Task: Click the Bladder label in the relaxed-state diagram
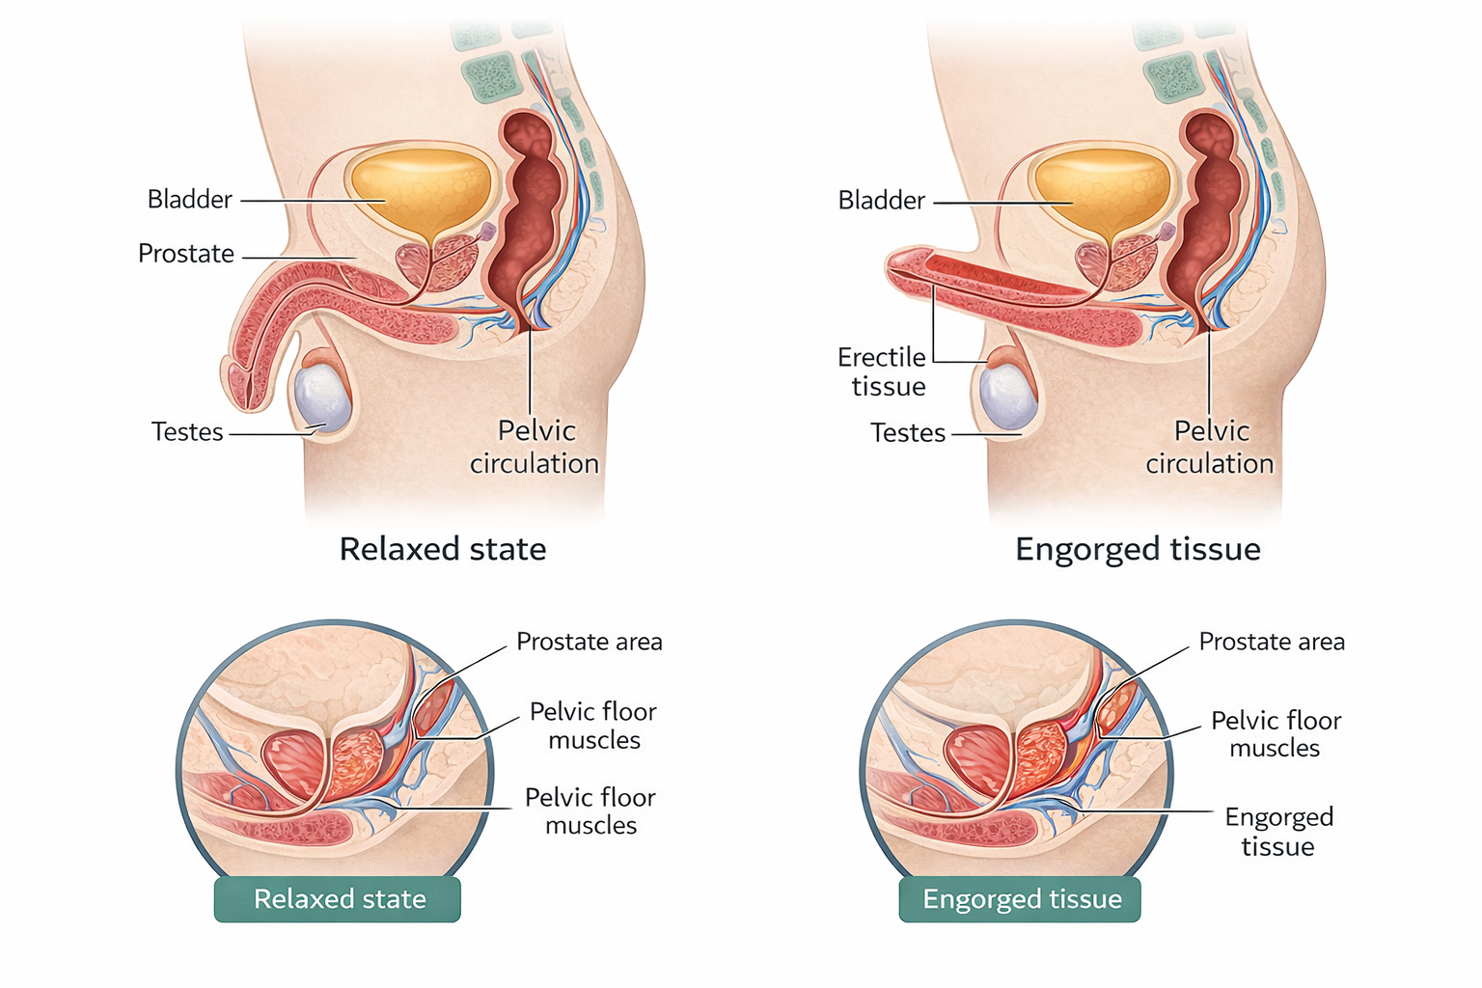[190, 200]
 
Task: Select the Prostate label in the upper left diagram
[186, 254]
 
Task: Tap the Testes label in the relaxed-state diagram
[187, 432]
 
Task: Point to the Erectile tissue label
[882, 372]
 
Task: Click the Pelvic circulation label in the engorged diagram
[1210, 447]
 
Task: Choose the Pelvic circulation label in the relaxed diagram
[535, 447]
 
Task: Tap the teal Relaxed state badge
[339, 899]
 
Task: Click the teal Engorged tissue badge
[1021, 899]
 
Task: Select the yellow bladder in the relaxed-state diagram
[422, 189]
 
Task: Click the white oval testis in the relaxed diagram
[321, 397]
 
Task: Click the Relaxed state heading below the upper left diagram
[443, 549]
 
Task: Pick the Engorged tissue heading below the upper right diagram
[1138, 549]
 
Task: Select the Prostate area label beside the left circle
[589, 642]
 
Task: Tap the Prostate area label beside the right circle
[1271, 642]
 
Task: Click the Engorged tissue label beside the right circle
[1278, 832]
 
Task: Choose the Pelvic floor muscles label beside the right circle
[1276, 734]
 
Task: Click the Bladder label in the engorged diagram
[881, 201]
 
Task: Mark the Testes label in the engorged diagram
[907, 433]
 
